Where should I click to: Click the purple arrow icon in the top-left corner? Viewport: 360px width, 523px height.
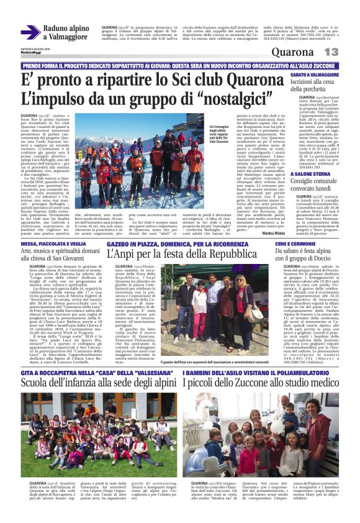point(30,32)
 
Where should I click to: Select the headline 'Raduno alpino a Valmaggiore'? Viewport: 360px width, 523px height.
point(66,32)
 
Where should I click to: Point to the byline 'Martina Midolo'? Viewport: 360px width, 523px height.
point(254,233)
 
